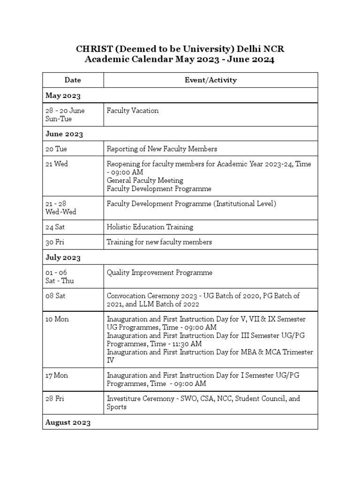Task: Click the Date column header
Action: click(73, 80)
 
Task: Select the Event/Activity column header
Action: click(210, 80)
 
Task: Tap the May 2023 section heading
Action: click(63, 96)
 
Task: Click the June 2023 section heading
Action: click(64, 134)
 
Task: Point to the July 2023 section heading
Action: click(63, 257)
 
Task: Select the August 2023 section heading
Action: click(68, 422)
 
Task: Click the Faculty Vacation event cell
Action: click(133, 111)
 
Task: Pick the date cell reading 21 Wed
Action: click(57, 165)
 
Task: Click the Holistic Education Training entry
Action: click(150, 227)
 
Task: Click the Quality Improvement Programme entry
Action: click(159, 273)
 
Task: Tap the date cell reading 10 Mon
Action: click(57, 319)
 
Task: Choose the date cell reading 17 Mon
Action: click(57, 375)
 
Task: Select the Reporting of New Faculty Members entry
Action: click(162, 149)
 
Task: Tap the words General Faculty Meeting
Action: click(145, 180)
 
